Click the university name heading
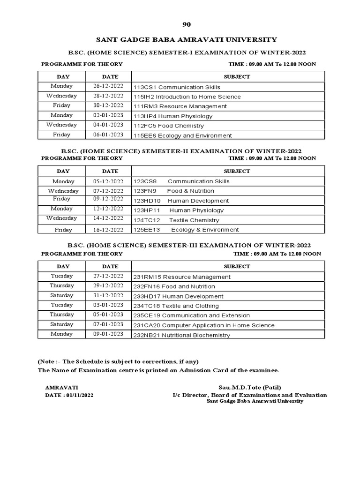coord(180,40)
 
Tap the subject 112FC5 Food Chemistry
coord(169,126)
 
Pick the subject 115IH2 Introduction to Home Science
coord(187,97)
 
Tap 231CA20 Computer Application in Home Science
coord(204,325)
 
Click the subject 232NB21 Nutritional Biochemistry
coord(182,335)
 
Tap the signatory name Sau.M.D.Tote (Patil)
coord(250,388)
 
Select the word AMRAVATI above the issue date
coord(61,388)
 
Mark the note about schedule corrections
coord(118,361)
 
